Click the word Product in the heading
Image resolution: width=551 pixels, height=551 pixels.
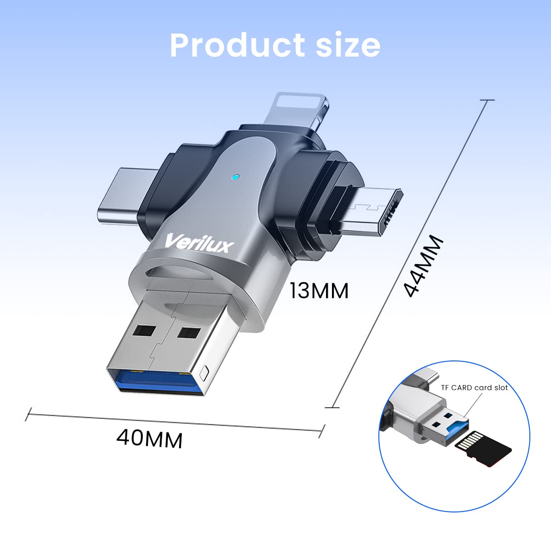pyautogui.click(x=237, y=45)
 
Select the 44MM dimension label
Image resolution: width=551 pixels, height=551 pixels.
pyautogui.click(x=423, y=266)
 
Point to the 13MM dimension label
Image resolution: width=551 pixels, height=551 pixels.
pyautogui.click(x=319, y=291)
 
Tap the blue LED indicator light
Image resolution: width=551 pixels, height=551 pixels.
pyautogui.click(x=236, y=177)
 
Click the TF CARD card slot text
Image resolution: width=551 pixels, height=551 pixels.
pyautogui.click(x=474, y=388)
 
